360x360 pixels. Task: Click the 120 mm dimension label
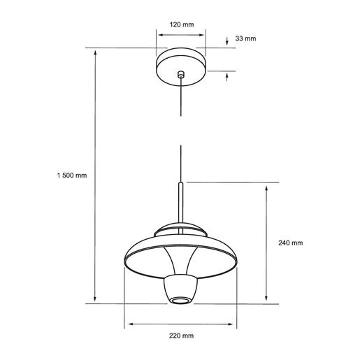click(180, 24)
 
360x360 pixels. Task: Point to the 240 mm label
click(290, 243)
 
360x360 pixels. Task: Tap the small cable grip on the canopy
click(180, 73)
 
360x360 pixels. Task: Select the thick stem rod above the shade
click(180, 203)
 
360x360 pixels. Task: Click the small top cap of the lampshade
click(180, 229)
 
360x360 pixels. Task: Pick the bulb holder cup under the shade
click(180, 287)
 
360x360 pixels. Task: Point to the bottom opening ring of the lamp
click(180, 301)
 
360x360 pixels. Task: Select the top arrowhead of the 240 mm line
click(266, 187)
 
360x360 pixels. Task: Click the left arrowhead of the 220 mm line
click(128, 324)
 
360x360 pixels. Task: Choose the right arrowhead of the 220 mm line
click(233, 324)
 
